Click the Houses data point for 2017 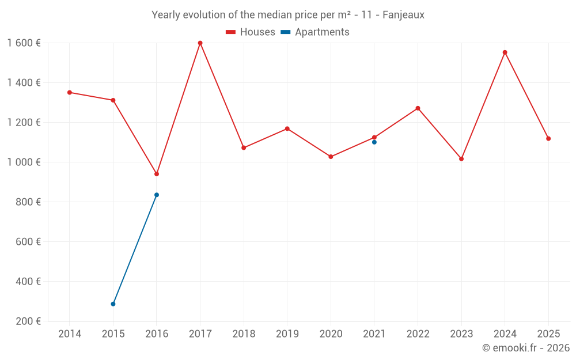200,43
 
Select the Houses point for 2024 505,52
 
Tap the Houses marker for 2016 157,174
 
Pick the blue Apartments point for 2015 113,304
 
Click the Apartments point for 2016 157,195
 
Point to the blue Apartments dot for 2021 374,142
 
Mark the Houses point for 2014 70,92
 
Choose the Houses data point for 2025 548,139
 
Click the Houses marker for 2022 418,108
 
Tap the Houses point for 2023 461,159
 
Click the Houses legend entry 251,32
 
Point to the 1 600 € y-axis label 24,43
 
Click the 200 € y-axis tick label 27,321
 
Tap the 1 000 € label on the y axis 24,162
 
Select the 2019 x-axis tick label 287,334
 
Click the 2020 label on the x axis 331,334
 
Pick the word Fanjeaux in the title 403,15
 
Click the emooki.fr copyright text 525,348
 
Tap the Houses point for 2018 244,148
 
